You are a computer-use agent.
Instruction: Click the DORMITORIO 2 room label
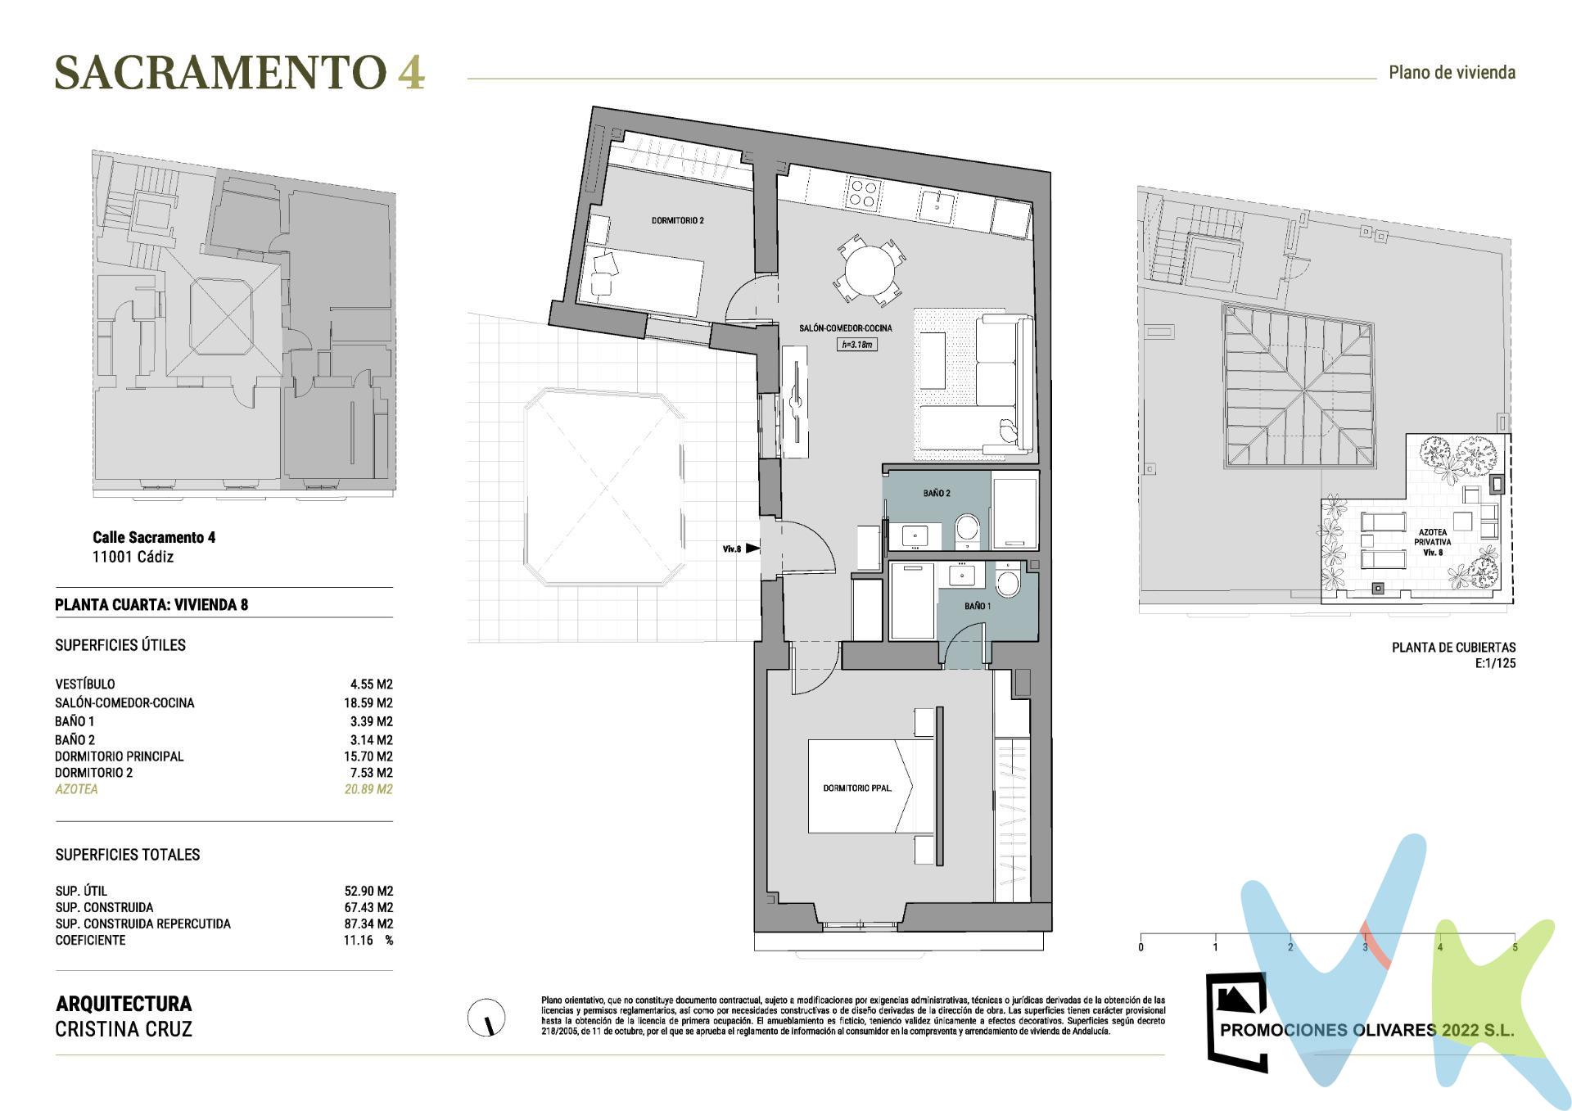[677, 220]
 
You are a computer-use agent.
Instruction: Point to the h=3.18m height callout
[858, 345]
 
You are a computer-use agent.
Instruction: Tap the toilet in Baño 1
[1008, 584]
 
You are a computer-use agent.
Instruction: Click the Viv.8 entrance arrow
[752, 549]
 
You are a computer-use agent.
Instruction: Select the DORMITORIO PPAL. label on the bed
[856, 788]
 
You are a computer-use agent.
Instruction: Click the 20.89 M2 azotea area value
[368, 789]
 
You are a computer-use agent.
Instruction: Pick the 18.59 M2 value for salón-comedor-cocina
[368, 702]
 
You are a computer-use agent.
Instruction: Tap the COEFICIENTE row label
[90, 940]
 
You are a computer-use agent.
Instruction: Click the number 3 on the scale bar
[1365, 947]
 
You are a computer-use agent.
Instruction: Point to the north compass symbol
[486, 1018]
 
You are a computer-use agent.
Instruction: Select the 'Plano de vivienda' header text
[1452, 72]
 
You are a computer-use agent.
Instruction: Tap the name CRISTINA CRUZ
[124, 1029]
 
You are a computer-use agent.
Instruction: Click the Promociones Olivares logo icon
[1237, 1020]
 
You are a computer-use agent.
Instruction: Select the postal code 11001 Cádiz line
[133, 557]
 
